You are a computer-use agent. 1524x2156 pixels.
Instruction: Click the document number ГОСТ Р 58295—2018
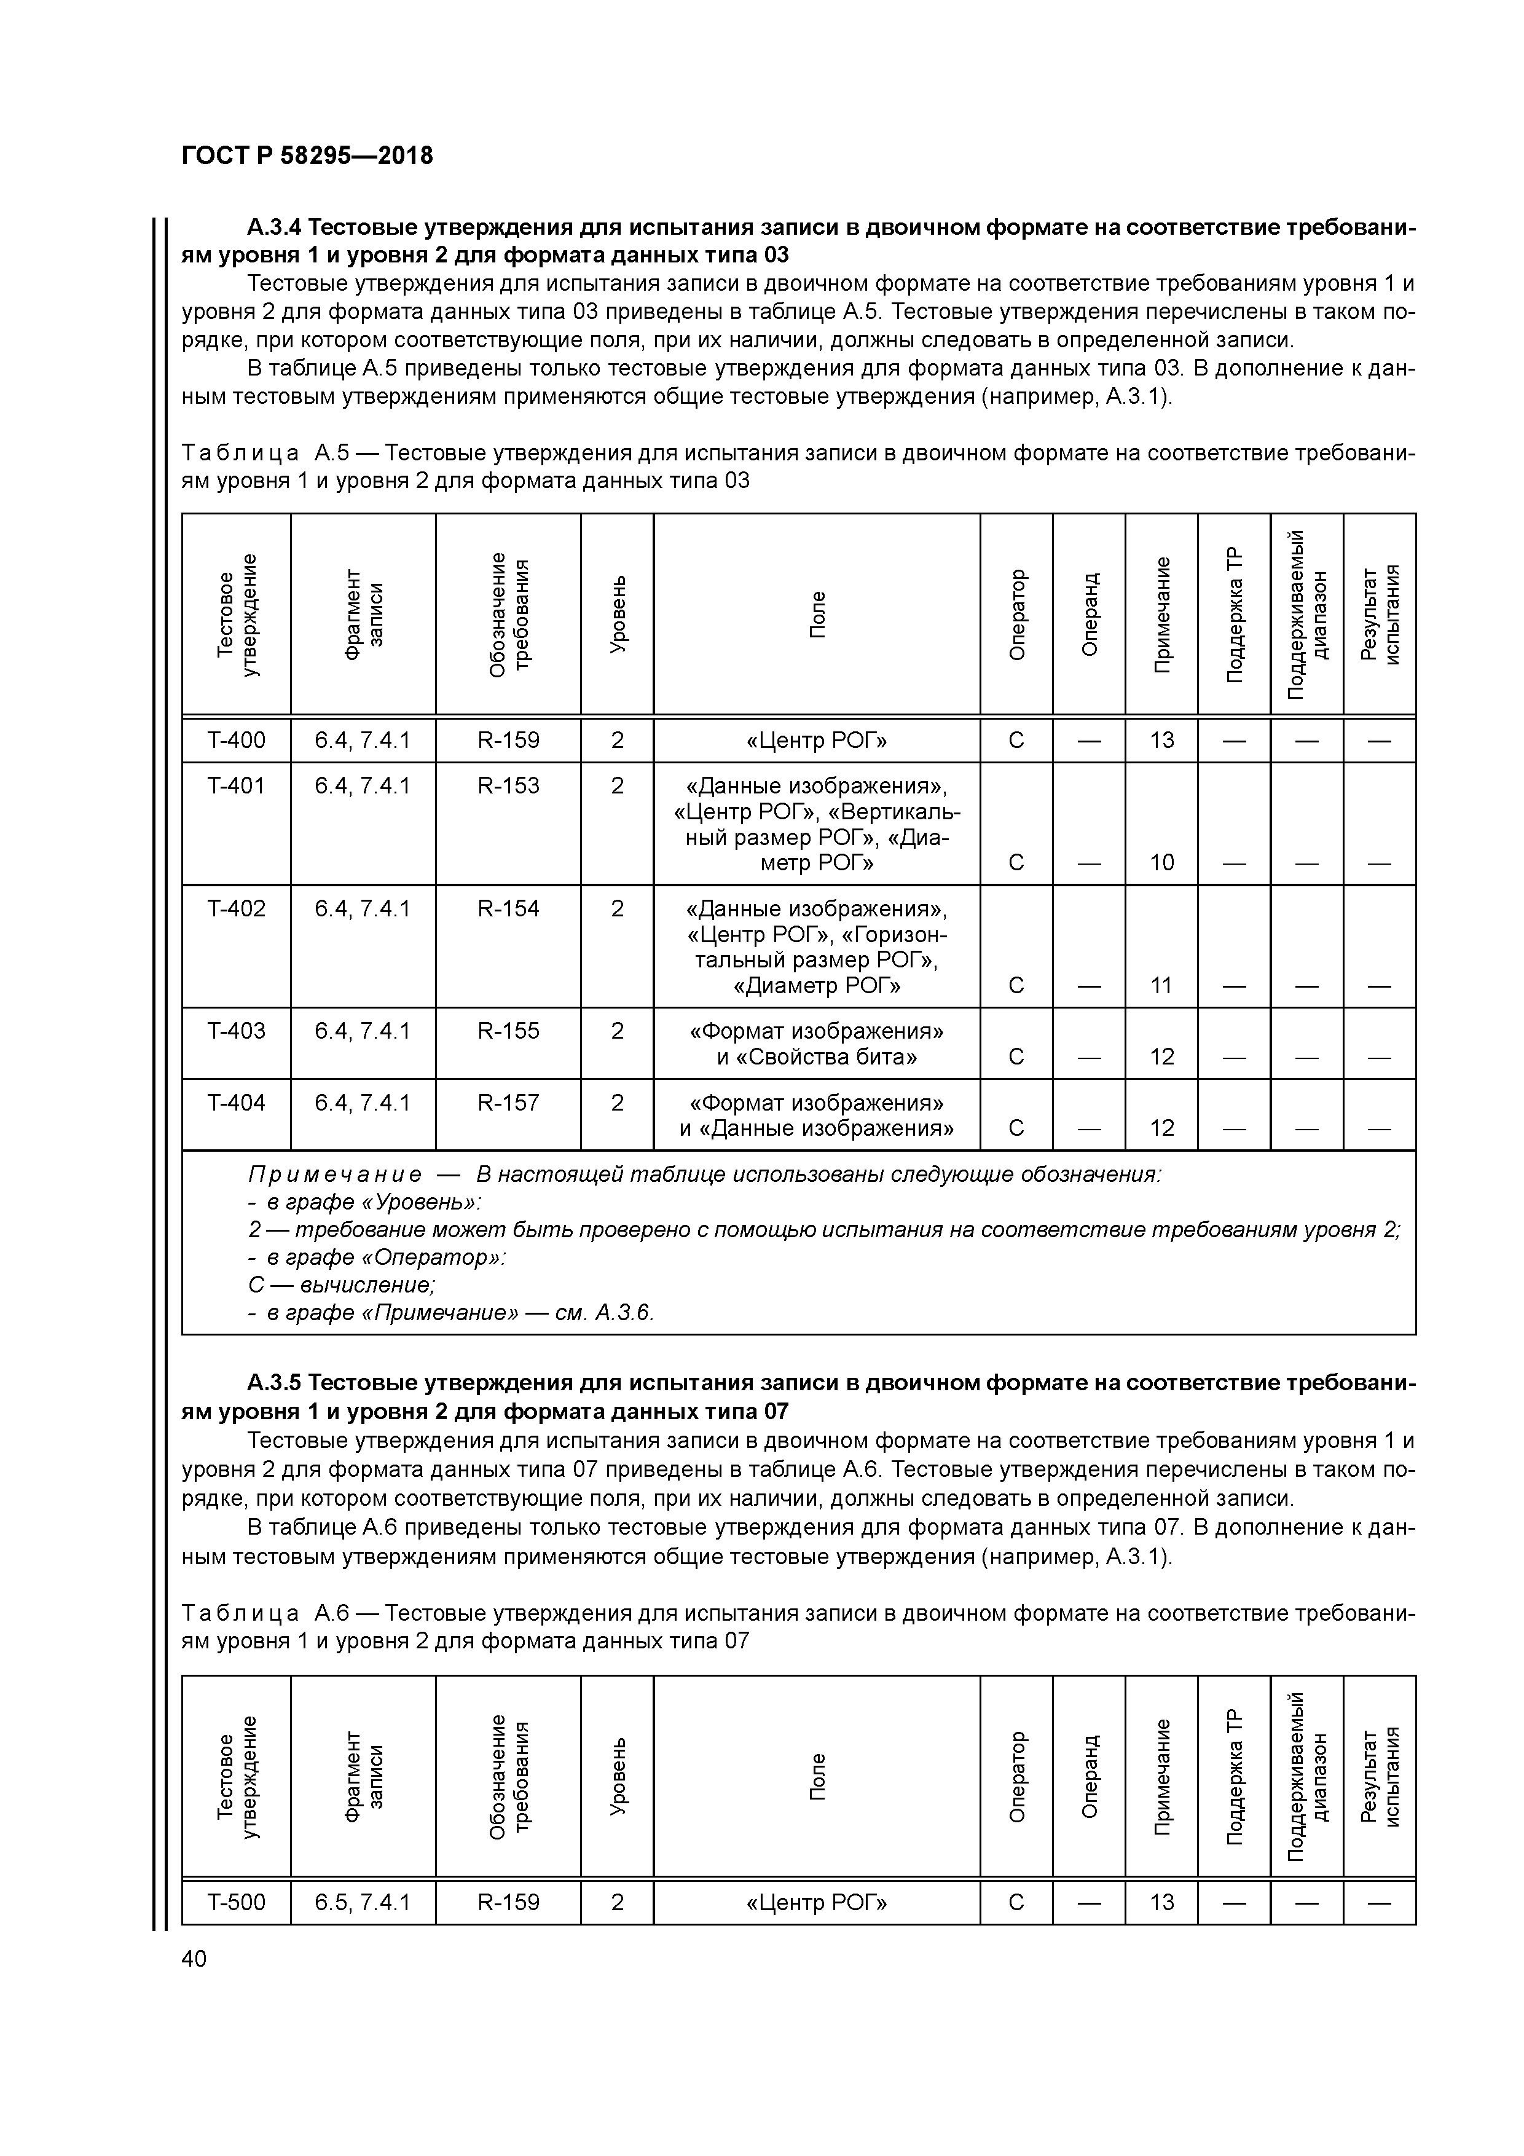coord(307,156)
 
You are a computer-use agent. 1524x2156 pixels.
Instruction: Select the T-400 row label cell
coord(236,740)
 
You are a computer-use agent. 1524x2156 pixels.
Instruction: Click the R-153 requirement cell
coord(508,785)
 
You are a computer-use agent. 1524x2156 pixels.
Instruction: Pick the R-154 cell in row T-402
coord(508,908)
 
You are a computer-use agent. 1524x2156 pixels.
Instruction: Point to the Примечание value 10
coord(1161,862)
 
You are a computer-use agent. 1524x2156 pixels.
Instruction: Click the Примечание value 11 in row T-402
coord(1161,985)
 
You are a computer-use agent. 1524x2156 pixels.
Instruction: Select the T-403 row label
coord(236,1031)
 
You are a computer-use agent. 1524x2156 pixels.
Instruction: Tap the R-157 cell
coord(508,1103)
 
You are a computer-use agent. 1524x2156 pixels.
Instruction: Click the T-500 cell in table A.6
coord(236,1902)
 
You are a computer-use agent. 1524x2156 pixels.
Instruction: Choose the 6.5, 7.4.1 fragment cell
coord(363,1902)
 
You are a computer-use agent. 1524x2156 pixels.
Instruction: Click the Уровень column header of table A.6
coord(617,1776)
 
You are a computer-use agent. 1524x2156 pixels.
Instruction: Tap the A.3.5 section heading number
coord(273,1383)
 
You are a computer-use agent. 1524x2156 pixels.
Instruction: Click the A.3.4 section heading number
coord(273,227)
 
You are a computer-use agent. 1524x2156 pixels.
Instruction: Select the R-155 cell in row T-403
coord(508,1031)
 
